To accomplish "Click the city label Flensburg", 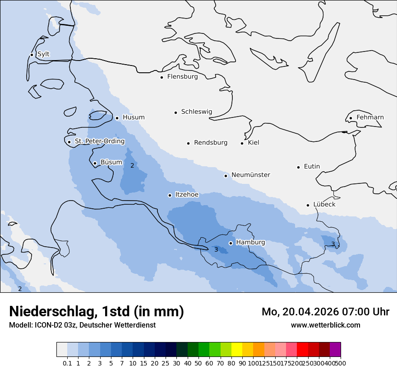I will coord(182,77).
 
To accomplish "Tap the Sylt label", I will coord(43,54).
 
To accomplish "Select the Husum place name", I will coord(134,117).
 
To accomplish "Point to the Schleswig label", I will coord(196,112).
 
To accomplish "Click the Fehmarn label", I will coord(370,117).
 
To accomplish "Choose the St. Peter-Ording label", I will coord(100,141).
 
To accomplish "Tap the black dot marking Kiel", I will coord(242,143).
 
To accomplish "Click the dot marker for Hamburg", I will coord(231,243).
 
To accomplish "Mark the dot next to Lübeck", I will coord(308,205).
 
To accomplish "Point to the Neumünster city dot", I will coord(226,176).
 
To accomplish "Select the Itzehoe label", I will coord(187,195).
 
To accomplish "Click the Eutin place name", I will coord(312,167).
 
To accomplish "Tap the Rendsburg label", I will coord(211,143).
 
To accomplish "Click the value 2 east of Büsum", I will coord(132,166).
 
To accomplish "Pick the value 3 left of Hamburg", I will coord(216,250).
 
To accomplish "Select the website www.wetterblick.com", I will coord(325,325).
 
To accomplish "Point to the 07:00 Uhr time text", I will coord(359,312).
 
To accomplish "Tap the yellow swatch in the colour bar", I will coord(236,350).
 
